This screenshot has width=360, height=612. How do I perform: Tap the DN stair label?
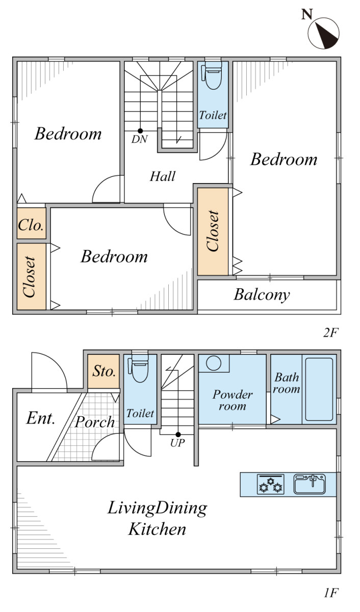click(x=139, y=139)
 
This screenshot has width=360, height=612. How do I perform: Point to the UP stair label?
click(x=177, y=443)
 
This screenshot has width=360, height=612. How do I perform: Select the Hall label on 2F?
click(x=163, y=176)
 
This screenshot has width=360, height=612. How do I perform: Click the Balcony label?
click(x=262, y=295)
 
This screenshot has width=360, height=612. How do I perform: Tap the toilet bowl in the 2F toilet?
click(x=213, y=75)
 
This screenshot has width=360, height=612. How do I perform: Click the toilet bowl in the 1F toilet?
click(x=139, y=368)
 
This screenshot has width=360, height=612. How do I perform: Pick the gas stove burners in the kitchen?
click(x=270, y=484)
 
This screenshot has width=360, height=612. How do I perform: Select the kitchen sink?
click(x=309, y=484)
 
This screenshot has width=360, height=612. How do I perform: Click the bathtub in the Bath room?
click(x=319, y=390)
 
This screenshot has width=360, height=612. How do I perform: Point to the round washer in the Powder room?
click(x=214, y=363)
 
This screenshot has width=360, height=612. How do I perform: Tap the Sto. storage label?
click(x=104, y=371)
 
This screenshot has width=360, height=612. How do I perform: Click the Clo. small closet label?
click(x=31, y=225)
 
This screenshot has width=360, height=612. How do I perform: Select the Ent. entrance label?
click(x=40, y=419)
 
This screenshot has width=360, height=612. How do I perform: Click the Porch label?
click(x=94, y=422)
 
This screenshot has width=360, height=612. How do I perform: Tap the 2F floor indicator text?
click(x=331, y=333)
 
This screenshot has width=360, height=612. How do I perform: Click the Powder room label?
click(x=233, y=400)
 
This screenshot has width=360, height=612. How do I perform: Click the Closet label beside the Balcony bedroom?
click(x=213, y=231)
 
